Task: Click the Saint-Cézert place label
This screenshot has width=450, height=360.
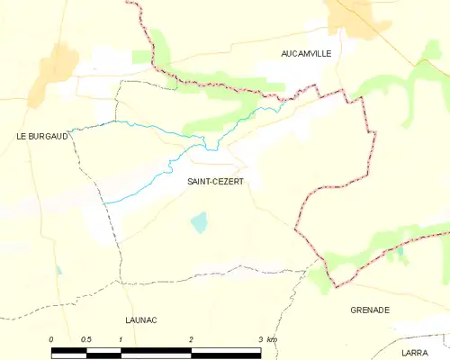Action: [x=214, y=181]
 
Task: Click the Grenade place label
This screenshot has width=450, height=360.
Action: [x=369, y=310]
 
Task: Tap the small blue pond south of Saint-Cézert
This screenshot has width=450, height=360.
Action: [x=199, y=221]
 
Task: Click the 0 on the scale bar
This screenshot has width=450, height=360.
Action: [x=51, y=339]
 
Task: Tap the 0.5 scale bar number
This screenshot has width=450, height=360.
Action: [x=85, y=339]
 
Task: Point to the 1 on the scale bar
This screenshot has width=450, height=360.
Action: [x=121, y=339]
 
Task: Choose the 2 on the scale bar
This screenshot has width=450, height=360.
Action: [x=191, y=339]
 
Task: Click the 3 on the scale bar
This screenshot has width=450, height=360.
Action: [x=261, y=339]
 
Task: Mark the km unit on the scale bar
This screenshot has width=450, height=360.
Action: [x=273, y=339]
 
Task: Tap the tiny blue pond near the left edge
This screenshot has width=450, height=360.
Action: [x=58, y=269]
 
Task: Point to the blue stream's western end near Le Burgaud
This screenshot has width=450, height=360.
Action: [x=70, y=130]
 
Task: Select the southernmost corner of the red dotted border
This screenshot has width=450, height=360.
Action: [x=337, y=287]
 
